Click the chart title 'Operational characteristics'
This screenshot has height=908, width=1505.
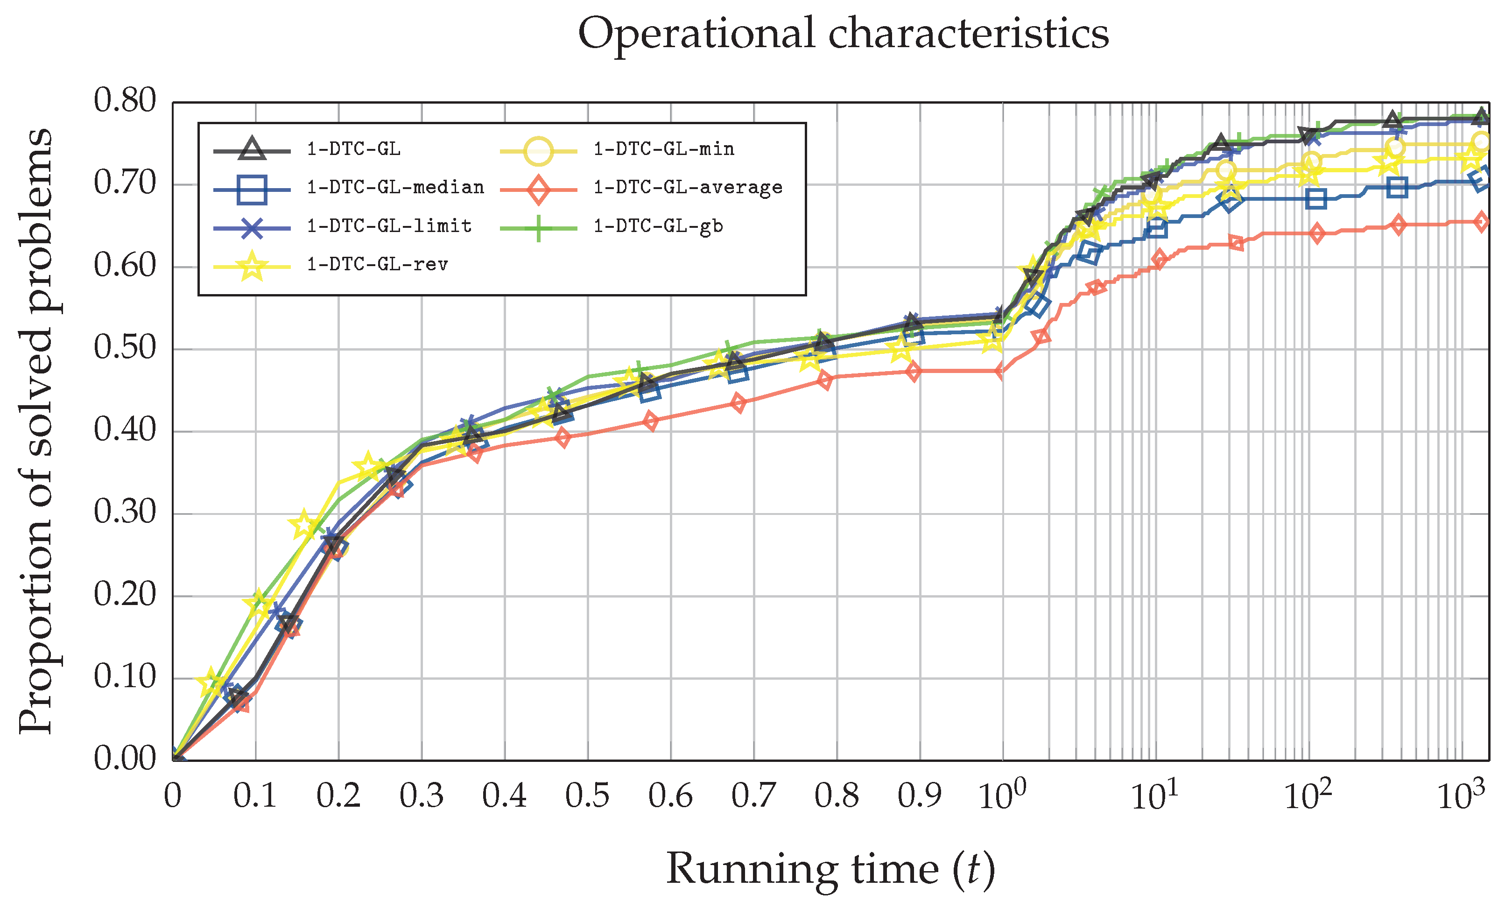[843, 34]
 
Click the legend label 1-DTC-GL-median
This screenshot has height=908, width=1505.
[395, 188]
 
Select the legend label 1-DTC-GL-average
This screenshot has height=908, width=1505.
[688, 188]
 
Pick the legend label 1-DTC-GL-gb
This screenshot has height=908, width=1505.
[658, 226]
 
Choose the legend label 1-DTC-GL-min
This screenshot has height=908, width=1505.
[663, 149]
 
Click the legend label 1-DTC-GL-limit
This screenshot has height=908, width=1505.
[389, 226]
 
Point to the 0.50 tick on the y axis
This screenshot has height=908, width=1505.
[125, 349]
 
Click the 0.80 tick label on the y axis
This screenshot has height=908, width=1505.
[125, 101]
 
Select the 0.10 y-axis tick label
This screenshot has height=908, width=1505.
[125, 677]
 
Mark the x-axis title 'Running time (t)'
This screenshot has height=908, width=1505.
[830, 869]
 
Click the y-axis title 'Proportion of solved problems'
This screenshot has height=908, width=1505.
[35, 431]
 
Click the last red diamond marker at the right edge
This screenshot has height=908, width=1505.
[1481, 222]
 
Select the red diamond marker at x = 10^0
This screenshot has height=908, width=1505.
[1002, 371]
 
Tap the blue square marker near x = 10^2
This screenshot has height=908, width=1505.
[1316, 198]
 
